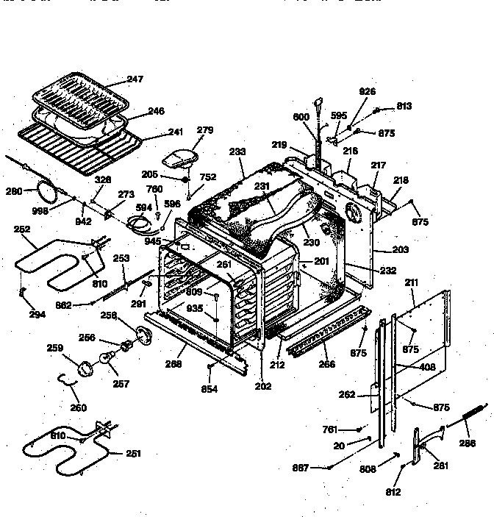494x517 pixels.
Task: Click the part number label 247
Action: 134,79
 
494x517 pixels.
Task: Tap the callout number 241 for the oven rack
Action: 175,134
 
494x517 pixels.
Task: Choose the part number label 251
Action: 133,454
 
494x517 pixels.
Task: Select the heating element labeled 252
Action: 51,266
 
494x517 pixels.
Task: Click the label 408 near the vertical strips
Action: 427,366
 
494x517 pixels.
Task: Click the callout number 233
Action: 237,152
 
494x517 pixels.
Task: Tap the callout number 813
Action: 404,106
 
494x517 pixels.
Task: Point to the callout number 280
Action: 13,192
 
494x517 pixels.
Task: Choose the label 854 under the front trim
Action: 210,389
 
